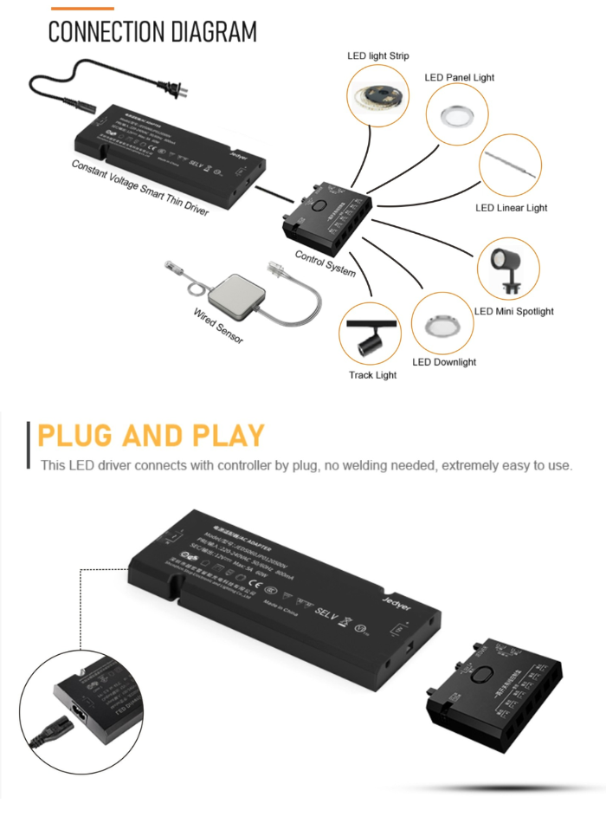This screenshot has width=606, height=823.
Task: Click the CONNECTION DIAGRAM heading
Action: [x=152, y=32]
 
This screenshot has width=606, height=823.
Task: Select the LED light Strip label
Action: [x=378, y=56]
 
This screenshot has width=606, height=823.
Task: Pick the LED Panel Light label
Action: [x=459, y=78]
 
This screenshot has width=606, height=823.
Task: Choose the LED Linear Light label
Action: [x=512, y=208]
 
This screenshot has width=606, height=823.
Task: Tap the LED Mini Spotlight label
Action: [x=513, y=311]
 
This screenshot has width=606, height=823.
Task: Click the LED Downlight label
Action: [x=443, y=362]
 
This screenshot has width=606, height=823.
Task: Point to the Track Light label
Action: [x=372, y=375]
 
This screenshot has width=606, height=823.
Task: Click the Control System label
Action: [x=325, y=262]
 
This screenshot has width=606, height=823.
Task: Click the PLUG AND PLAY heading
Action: [x=151, y=435]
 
